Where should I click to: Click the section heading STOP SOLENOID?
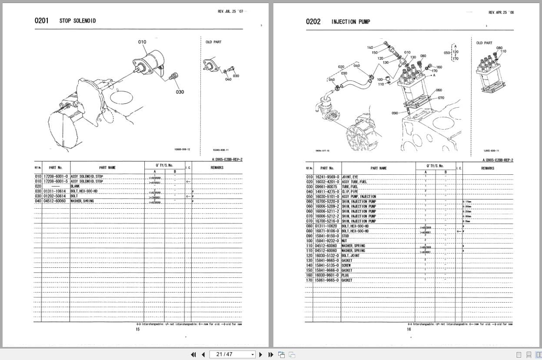[78, 21]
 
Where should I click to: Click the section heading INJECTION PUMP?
[350, 22]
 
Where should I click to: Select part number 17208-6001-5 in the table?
[56, 181]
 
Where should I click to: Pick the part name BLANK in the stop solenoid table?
[75, 186]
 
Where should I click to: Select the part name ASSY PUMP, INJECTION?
[359, 197]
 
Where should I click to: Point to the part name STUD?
[346, 236]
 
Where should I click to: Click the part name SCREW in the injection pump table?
[346, 265]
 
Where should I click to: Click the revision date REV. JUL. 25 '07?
[230, 11]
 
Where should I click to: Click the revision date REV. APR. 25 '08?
[501, 13]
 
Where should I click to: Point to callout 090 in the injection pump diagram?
[394, 113]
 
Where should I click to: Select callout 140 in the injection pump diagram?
[370, 47]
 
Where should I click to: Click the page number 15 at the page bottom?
[138, 329]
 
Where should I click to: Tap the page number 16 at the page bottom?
[409, 330]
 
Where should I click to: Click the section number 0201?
[42, 21]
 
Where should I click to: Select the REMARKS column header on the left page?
[217, 167]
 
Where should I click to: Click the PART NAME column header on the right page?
[379, 168]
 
